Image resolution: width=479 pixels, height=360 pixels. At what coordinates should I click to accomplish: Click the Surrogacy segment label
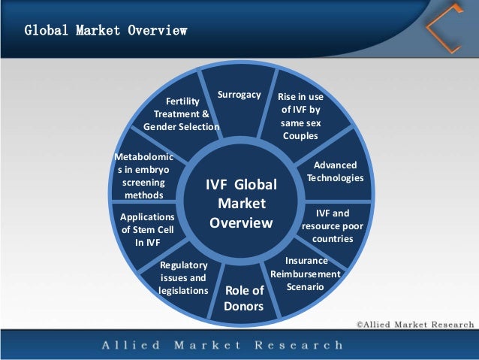coord(239,95)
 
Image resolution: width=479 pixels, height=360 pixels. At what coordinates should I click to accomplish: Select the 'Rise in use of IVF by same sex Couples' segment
coord(300,116)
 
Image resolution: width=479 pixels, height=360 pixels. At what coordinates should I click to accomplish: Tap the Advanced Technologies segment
coord(335,171)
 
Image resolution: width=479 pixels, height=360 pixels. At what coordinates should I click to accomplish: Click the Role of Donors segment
coord(244,298)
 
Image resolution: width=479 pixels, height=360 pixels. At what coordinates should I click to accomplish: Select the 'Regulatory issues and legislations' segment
coord(183,278)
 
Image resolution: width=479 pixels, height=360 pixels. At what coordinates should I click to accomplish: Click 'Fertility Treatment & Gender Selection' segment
coord(181,113)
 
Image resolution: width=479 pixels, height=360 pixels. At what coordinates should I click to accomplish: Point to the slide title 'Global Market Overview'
coord(105,32)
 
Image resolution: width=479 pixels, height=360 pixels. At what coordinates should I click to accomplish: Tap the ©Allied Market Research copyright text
coord(415,325)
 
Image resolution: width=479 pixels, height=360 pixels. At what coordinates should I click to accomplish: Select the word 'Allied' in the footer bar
coord(130,346)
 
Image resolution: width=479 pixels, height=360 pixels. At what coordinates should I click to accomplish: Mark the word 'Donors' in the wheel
coord(244,307)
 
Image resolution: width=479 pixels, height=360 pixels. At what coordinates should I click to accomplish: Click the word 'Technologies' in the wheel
coord(335,178)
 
